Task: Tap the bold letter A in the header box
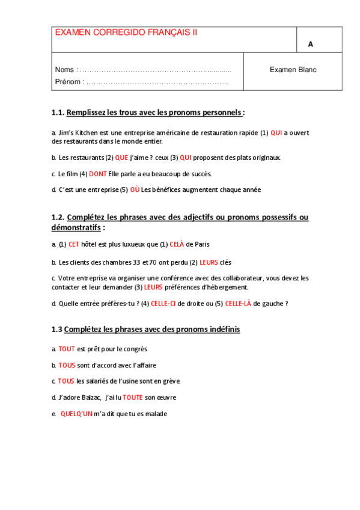311,45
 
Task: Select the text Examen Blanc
293,70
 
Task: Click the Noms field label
66,70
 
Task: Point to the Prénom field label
68,82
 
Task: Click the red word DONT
98,174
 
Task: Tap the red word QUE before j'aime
121,158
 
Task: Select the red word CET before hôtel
73,244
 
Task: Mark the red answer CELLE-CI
163,304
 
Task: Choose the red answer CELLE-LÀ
237,304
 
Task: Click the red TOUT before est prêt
67,349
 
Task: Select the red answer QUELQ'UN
76,414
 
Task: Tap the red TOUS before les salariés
66,381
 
